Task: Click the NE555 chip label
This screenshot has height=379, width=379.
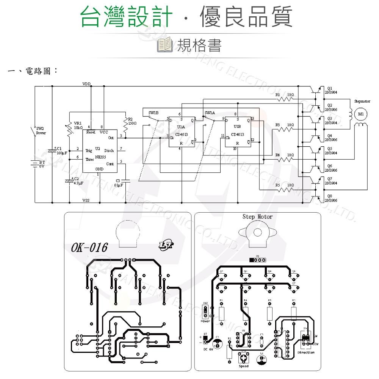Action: coord(100,156)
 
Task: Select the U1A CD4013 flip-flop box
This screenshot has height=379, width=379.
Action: coord(182,131)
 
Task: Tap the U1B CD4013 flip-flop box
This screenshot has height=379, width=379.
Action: coord(237,131)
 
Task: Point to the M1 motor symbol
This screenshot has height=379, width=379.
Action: coord(360,114)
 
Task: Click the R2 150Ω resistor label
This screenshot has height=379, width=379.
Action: coord(132,121)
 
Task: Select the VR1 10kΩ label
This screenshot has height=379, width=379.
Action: coord(78,125)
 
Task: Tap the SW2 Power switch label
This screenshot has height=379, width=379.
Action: coord(41,131)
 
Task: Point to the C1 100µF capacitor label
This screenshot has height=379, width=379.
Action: coord(61,151)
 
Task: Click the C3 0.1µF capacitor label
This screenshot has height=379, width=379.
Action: coord(119,183)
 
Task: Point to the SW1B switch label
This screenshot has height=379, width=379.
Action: coord(153,113)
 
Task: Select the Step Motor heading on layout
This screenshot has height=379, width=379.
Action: coord(257,217)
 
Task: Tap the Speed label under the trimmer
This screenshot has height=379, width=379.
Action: coord(244,366)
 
